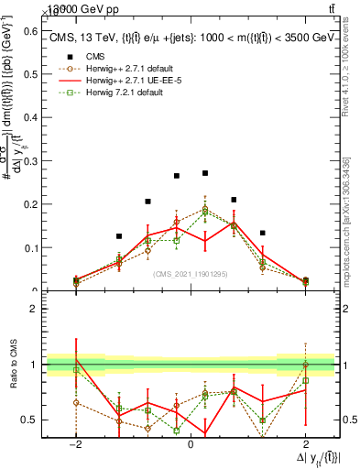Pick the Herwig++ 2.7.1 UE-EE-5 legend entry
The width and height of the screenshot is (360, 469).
click(138, 80)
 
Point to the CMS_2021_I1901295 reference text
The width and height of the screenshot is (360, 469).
click(191, 272)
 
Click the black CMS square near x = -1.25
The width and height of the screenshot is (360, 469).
click(118, 236)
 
